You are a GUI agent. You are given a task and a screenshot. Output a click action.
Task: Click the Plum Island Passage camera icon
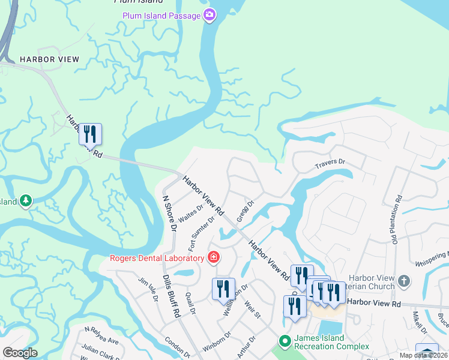pyautogui.click(x=209, y=15)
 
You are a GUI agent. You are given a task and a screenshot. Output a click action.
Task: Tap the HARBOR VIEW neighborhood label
pyautogui.click(x=49, y=59)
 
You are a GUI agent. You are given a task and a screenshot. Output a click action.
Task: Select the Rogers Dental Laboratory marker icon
pyautogui.click(x=213, y=258)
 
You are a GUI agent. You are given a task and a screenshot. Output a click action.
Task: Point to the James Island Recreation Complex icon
pyautogui.click(x=285, y=341)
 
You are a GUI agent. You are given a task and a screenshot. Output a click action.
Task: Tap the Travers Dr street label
pyautogui.click(x=331, y=163)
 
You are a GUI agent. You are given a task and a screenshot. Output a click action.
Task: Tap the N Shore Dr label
pyautogui.click(x=169, y=213)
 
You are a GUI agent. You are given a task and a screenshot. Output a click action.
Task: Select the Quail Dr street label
pyautogui.click(x=191, y=304)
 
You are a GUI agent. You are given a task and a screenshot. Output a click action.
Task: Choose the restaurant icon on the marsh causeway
pyautogui.click(x=90, y=134)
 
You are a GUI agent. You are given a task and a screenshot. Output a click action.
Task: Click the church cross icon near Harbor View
pyautogui.click(x=405, y=280)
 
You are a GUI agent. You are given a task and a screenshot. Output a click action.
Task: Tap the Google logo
pyautogui.click(x=20, y=353)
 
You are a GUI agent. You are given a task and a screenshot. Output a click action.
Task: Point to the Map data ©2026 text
pyautogui.click(x=431, y=355)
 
